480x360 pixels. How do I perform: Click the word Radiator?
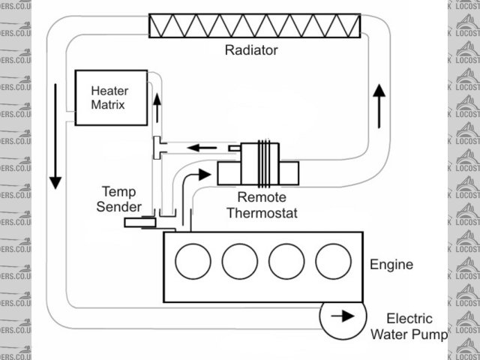coord(251,51)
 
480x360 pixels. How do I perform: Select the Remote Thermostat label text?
coord(267,205)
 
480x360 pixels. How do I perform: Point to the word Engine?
coord(391,265)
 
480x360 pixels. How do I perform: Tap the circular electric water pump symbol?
coord(343,316)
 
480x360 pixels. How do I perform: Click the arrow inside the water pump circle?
coord(343,316)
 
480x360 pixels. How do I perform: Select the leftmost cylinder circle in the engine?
coord(193,262)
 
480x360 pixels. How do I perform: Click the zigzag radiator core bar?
coord(255,25)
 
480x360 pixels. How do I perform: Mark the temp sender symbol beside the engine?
coord(139,222)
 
